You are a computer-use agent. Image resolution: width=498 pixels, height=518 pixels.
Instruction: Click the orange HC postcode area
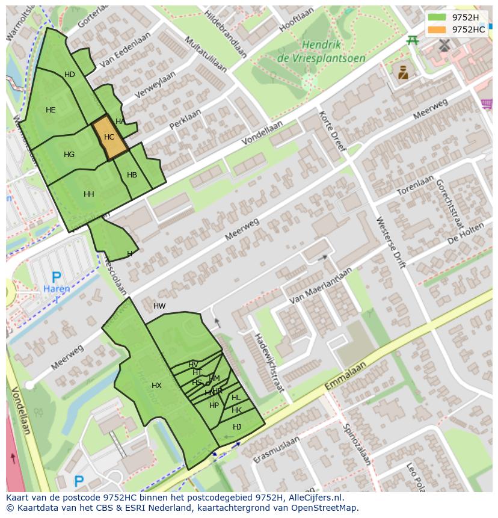(109, 137)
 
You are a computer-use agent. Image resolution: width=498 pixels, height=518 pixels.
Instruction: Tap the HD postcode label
(70, 75)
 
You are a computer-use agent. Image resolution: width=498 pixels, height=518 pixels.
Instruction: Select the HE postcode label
(51, 110)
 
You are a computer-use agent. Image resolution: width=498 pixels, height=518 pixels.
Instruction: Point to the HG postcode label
(69, 155)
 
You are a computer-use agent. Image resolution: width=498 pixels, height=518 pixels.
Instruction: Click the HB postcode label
(132, 175)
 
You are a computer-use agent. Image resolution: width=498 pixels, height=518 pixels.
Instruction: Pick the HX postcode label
(156, 386)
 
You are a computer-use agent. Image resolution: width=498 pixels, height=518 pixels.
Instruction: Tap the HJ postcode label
(236, 427)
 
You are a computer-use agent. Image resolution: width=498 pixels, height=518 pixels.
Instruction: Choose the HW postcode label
(159, 306)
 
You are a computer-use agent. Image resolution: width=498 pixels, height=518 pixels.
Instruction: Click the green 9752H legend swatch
(437, 17)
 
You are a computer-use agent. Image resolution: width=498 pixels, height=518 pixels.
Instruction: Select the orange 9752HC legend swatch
(437, 29)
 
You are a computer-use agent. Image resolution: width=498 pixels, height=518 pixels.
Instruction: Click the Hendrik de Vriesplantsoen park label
(313, 51)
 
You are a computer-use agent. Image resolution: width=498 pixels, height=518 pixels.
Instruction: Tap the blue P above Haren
(56, 277)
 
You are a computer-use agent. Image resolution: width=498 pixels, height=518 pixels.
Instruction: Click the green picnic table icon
(413, 40)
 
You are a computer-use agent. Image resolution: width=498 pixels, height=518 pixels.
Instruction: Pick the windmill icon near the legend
(444, 45)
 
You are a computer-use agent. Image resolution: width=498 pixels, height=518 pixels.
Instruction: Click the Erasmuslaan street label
(276, 451)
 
